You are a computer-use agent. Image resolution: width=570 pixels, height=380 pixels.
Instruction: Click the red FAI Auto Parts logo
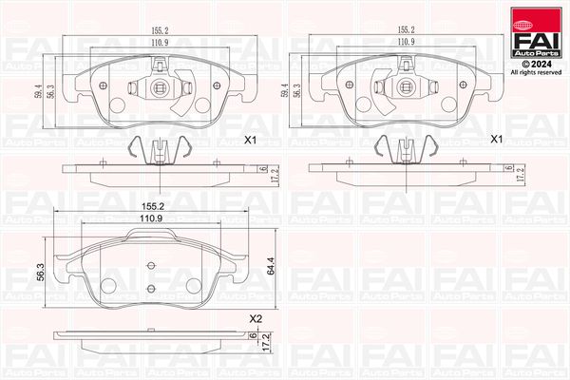point(536,32)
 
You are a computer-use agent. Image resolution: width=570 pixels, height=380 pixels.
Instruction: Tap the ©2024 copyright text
point(537,64)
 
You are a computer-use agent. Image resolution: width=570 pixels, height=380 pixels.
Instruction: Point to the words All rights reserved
point(536,73)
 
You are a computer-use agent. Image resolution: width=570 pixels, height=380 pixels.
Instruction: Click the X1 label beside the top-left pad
point(250,140)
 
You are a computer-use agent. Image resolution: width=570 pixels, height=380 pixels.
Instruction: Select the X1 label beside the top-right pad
point(496,140)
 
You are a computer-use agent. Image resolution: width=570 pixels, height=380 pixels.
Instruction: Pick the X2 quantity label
point(256,319)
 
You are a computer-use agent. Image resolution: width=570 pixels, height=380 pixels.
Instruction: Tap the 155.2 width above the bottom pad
point(153,206)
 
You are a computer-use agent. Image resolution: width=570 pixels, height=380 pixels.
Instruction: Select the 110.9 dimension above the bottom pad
point(152,218)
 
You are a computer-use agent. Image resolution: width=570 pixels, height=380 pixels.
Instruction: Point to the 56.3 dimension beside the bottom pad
point(40,272)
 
